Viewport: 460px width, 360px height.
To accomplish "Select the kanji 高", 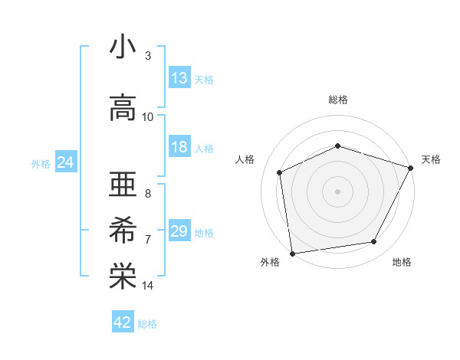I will point(123,108).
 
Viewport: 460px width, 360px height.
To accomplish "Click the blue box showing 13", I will point(179,78).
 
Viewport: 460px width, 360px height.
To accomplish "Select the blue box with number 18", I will point(179,147).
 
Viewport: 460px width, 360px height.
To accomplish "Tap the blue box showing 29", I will point(179,231).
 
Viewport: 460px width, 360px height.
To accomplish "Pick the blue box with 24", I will point(66,162).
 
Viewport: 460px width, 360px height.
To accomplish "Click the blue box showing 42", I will point(123,322).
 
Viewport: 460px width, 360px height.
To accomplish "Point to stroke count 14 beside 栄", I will point(148,286).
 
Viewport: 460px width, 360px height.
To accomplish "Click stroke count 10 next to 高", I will point(148,116).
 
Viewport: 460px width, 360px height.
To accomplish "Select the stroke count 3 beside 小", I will point(148,56).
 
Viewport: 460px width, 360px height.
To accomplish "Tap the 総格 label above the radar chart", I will point(337,100).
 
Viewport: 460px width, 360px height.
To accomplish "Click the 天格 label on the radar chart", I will point(431,159).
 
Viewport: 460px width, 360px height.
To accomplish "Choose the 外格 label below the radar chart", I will point(270,262).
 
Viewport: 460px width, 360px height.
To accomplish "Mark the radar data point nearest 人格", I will point(280,172).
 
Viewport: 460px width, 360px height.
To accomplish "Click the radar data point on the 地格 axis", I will point(374,242).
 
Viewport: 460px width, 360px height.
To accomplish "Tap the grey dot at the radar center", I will point(337,191).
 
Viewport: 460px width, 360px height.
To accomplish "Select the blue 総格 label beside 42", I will point(147,323).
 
